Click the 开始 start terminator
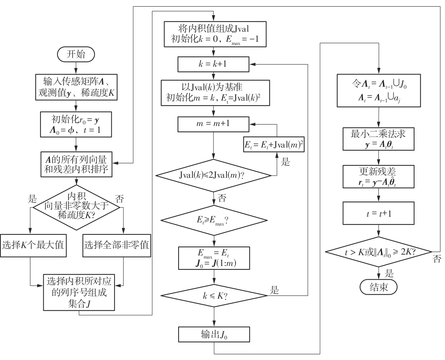[76, 54]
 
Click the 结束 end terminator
[378, 287]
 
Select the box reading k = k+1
[213, 64]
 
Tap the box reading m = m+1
[213, 124]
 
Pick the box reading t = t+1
[378, 214]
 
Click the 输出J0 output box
[214, 335]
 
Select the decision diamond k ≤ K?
[214, 296]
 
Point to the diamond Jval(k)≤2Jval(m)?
[213, 175]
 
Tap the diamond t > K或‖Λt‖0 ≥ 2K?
[378, 252]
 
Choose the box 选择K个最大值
[33, 245]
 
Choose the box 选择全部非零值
[117, 245]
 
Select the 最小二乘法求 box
[378, 139]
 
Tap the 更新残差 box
[378, 177]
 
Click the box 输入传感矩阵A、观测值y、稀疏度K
[76, 87]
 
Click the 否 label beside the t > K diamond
[437, 259]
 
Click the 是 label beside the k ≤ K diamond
[274, 290]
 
